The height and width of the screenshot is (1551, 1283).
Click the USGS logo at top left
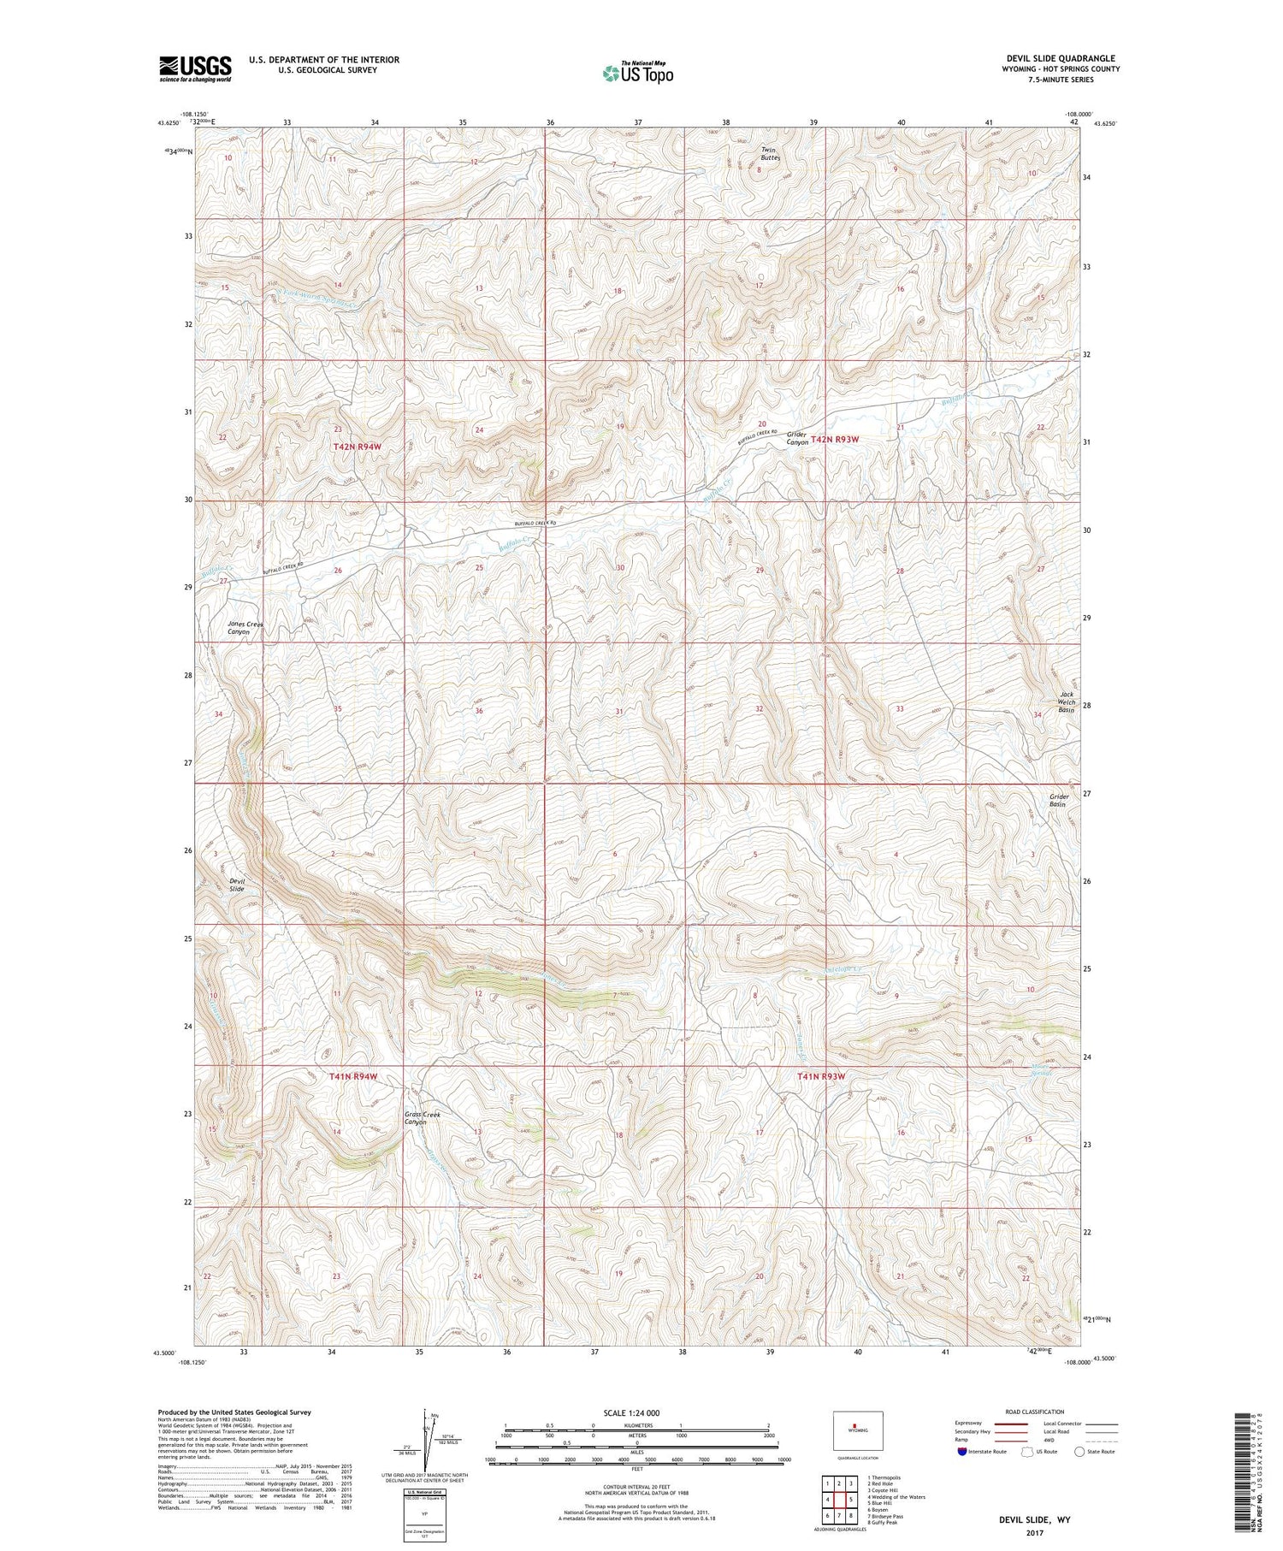point(195,68)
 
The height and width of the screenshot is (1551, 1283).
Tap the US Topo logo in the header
point(638,73)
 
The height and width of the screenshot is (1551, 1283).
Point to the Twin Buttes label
point(771,154)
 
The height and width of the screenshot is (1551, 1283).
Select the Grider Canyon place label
point(797,438)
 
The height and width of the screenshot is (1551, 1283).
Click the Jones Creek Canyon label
point(245,628)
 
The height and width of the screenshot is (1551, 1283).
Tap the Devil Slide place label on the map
point(237,884)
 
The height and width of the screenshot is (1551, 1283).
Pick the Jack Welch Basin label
point(1066,702)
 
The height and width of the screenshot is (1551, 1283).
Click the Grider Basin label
point(1059,800)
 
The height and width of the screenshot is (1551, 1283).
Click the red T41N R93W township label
point(821,1076)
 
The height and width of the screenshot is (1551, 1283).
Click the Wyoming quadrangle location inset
point(858,1430)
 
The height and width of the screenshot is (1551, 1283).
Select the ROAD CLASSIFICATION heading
point(1035,1412)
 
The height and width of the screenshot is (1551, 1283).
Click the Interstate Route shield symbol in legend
point(962,1452)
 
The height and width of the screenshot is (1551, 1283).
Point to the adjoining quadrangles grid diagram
point(839,1499)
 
